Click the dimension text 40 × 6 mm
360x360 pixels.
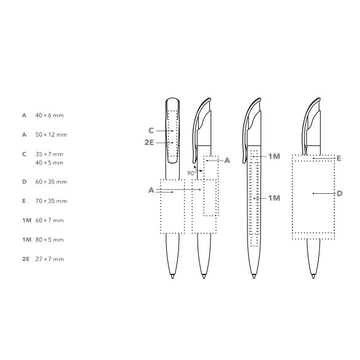point(49,115)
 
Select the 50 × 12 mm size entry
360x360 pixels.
point(51,135)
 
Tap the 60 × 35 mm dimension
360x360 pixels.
point(51,182)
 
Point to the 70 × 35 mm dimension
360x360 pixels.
point(51,201)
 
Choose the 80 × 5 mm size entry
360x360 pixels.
point(49,240)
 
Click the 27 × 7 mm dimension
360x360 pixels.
point(49,259)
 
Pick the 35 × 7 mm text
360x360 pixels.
point(49,154)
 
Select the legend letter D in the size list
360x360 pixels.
point(25,182)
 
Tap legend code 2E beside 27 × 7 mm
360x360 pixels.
point(26,259)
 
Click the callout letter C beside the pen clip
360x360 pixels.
point(151,130)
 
